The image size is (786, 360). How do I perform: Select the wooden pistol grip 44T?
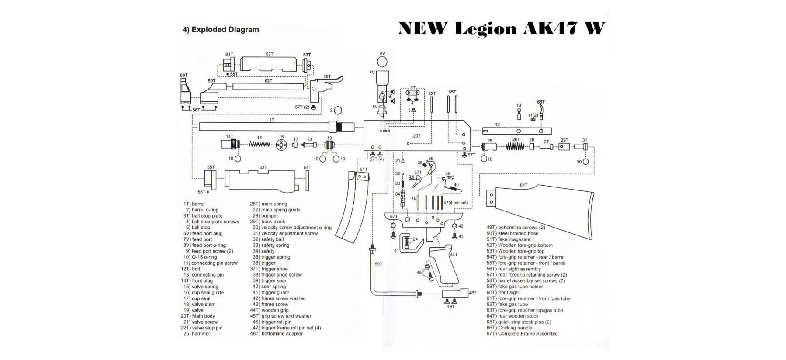[x=443, y=264]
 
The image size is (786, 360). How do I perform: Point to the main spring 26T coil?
[x=516, y=146]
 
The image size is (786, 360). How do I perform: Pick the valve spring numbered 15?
[x=260, y=144]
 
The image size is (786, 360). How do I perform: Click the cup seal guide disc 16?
[x=282, y=145]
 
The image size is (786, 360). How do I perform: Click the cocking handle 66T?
[x=541, y=111]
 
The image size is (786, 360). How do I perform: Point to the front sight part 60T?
[x=185, y=93]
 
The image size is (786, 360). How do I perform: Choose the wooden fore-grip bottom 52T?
[x=262, y=179]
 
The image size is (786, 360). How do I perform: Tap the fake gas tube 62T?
[x=268, y=87]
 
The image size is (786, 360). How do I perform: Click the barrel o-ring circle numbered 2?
[x=338, y=111]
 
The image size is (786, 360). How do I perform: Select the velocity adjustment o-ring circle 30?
[x=585, y=162]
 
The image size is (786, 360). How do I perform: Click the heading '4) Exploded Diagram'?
[x=221, y=30]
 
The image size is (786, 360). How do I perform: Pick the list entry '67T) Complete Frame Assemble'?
[x=522, y=334]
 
